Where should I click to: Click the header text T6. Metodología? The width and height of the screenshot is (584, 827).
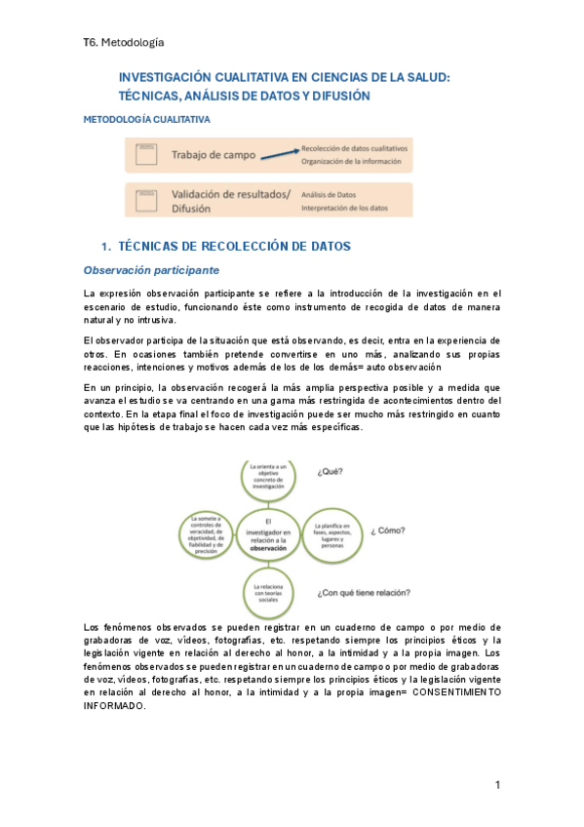124,43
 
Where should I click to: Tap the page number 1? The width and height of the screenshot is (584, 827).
497,784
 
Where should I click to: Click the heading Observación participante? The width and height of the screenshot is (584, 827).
151,270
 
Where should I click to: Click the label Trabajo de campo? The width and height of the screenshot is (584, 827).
214,155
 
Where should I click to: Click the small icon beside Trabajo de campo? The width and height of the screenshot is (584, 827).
147,154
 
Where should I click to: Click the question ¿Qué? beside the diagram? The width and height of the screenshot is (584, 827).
329,473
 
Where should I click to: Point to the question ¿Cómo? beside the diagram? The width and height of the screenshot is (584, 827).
388,532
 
